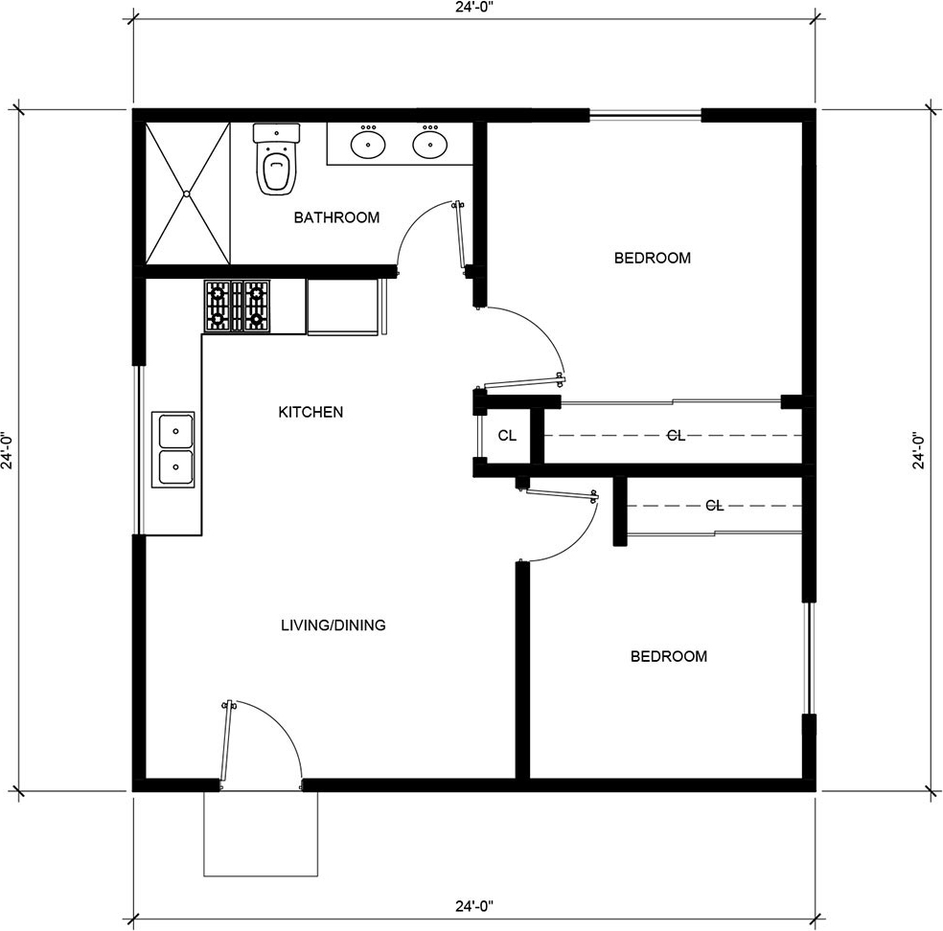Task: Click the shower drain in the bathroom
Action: tap(188, 193)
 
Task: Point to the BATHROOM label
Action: tap(336, 217)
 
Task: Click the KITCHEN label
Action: tap(310, 412)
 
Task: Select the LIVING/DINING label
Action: tap(333, 625)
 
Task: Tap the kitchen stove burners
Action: tap(237, 306)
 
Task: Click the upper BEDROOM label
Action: tap(653, 258)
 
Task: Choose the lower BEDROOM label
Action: tap(669, 656)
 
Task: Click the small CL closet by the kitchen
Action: tap(507, 435)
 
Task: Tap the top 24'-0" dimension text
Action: tap(474, 9)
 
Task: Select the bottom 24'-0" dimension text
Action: tap(474, 904)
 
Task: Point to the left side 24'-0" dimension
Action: tap(8, 450)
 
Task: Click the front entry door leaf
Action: tap(226, 744)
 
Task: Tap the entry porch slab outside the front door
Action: tap(261, 833)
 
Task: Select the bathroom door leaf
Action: tap(459, 238)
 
